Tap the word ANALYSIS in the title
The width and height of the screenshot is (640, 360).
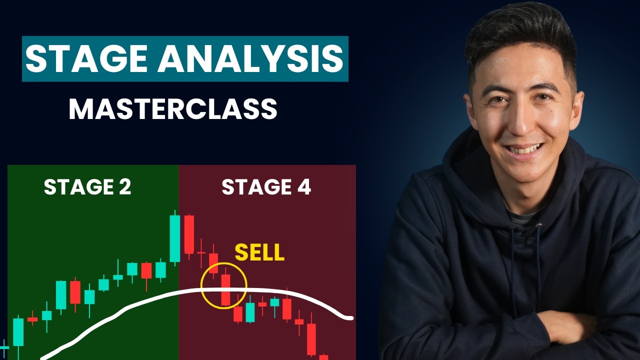click(251, 59)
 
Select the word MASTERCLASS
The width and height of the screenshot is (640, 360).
click(172, 108)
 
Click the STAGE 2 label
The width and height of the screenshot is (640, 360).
click(87, 187)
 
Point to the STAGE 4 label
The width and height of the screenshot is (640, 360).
click(266, 187)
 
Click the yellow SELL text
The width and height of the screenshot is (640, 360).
click(259, 253)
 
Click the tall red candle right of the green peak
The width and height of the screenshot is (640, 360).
click(188, 234)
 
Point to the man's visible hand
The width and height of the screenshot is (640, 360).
click(565, 325)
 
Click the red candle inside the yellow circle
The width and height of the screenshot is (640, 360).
click(225, 289)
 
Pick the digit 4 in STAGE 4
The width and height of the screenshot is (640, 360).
click(302, 187)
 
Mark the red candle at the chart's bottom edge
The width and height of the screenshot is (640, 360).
click(323, 357)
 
